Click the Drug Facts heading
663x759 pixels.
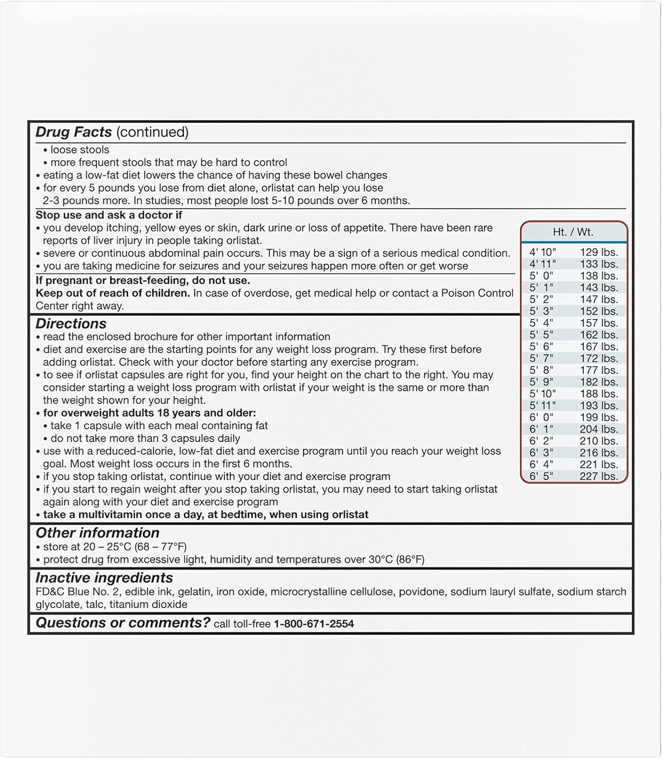tap(74, 132)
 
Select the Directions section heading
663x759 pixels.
tap(71, 324)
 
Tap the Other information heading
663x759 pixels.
tap(97, 533)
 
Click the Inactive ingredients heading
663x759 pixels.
tap(104, 578)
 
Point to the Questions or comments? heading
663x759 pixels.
tap(122, 623)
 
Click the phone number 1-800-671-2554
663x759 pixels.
tap(314, 624)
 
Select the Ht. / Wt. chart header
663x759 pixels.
tap(573, 232)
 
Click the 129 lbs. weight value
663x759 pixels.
tap(599, 252)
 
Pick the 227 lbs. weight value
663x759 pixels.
tap(599, 476)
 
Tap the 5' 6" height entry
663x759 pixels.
tap(541, 347)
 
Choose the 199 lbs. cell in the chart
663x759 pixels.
tap(599, 417)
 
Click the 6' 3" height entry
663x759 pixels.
tap(541, 453)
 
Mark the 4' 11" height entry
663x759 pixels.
tap(542, 264)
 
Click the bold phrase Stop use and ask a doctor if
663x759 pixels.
tap(109, 215)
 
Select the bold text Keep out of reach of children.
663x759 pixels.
tap(112, 293)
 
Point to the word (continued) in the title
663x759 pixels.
tap(152, 132)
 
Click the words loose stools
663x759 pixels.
tap(79, 150)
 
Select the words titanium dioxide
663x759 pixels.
tap(148, 604)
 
